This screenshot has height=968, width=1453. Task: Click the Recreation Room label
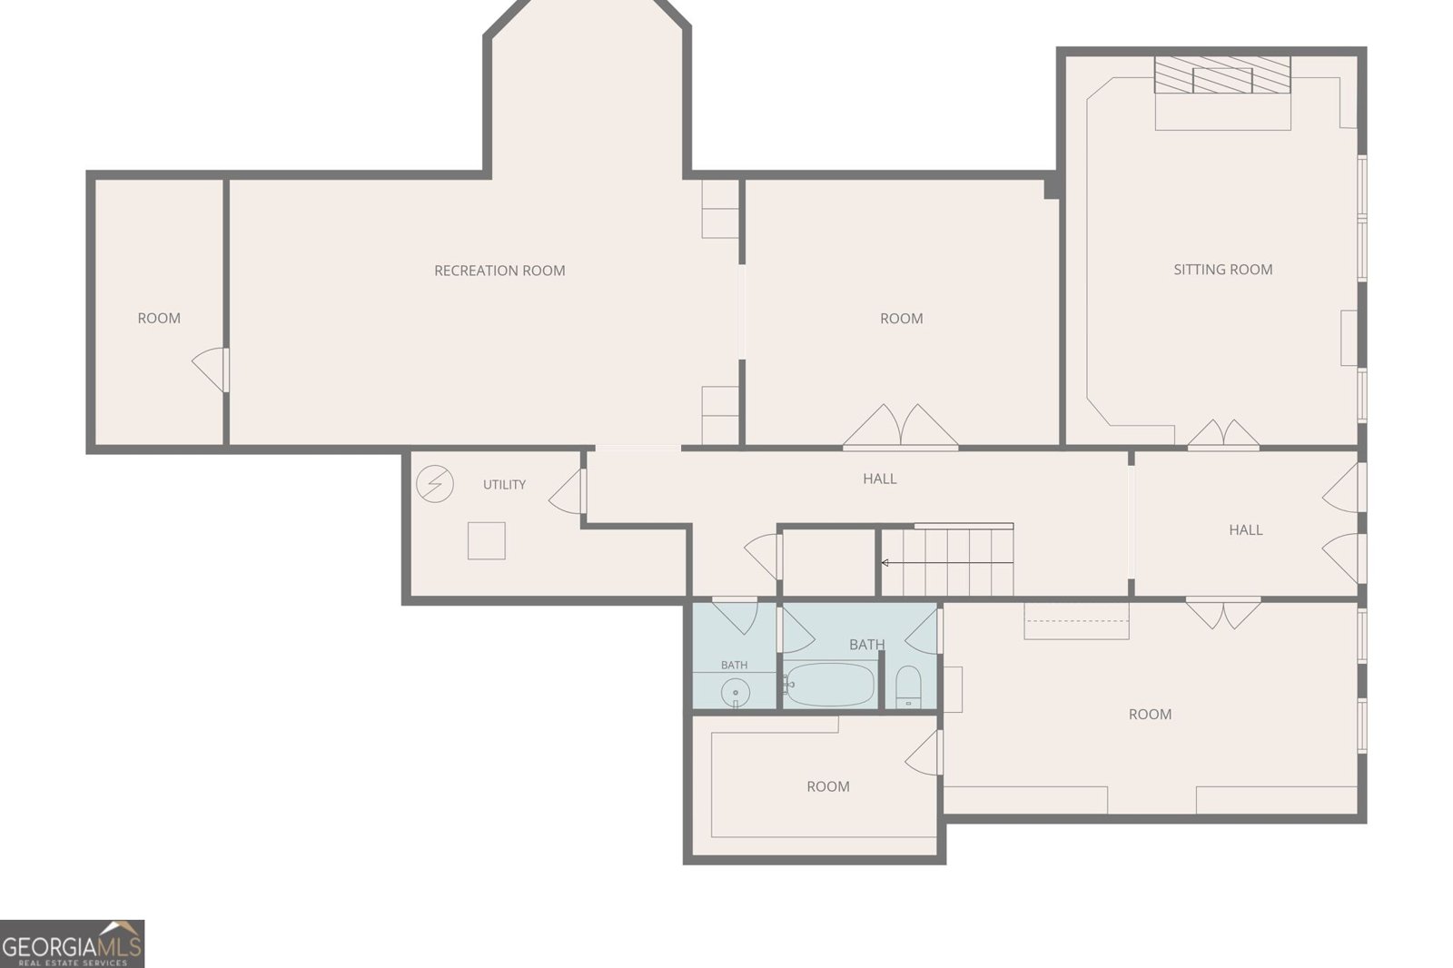coord(499,271)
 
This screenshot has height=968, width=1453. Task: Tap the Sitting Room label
coord(1222,270)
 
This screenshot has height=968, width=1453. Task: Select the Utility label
coord(504,485)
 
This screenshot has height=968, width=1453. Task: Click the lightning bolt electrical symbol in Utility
coord(435,484)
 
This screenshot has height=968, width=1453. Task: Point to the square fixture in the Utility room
coord(487,540)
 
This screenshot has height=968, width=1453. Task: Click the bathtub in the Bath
coord(828,684)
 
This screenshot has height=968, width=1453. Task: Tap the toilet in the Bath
coord(908,686)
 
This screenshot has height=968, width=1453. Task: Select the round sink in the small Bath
coord(736,693)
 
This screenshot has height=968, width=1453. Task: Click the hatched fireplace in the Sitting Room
coord(1222,74)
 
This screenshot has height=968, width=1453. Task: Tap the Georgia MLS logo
coord(72,944)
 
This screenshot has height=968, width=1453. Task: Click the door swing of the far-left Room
coord(210,370)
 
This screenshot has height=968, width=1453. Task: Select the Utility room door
coord(567,491)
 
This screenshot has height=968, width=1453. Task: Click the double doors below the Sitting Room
coord(1223,433)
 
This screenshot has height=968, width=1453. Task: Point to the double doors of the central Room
coord(900,426)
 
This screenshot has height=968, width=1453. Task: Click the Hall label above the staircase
coord(880,479)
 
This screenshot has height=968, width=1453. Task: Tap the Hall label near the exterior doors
coord(1245,530)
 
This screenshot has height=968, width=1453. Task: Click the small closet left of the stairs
coord(828,562)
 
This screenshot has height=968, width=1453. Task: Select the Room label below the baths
coord(827,787)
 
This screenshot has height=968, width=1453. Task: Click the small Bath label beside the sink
coord(735,665)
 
